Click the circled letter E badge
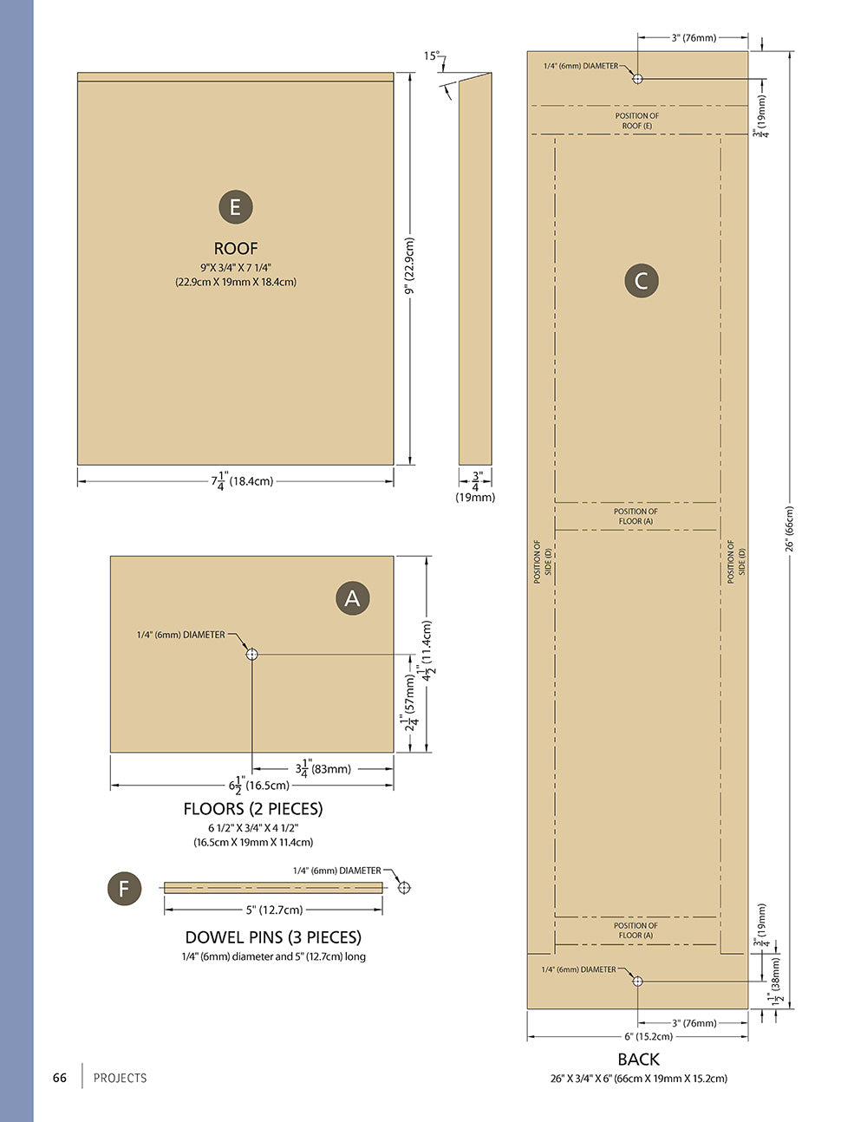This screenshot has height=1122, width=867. pos(236,207)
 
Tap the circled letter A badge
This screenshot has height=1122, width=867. pos(353,598)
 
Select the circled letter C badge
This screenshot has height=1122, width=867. pos(642,280)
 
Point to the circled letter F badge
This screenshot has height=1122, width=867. pos(124,889)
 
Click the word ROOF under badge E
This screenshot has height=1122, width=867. pos(236,248)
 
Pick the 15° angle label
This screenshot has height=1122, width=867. pos(432,55)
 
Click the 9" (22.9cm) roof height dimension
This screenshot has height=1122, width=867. pos(409,266)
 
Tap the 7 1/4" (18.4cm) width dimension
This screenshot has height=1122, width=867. pos(242,480)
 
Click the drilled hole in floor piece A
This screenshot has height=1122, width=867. pos(251,654)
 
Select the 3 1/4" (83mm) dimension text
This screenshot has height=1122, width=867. pos(323,768)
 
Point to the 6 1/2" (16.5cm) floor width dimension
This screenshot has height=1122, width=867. pos(259,786)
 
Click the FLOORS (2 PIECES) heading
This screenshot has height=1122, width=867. pos(253,809)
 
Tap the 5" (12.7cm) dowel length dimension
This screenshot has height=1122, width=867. pos(274,910)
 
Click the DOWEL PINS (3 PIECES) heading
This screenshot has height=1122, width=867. pos(273,937)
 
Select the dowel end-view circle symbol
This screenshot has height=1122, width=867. pos(404,888)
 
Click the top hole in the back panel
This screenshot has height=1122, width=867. pos(637,79)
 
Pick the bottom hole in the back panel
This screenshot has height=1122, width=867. pos(637,981)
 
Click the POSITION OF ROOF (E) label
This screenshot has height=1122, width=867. pos(637,121)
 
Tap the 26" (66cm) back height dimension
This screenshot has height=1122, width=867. pos(789,529)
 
